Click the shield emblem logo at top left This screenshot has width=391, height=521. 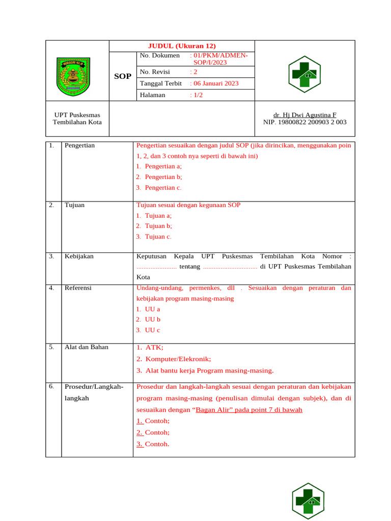(x=73, y=77)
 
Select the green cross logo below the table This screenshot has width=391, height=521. (x=308, y=501)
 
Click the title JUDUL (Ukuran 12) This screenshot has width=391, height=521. (x=182, y=46)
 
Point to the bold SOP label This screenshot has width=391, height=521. (x=122, y=76)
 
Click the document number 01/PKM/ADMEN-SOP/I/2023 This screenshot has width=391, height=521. (x=218, y=59)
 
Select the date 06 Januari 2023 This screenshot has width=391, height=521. (x=214, y=83)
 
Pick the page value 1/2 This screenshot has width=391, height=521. (x=196, y=95)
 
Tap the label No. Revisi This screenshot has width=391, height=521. (x=155, y=72)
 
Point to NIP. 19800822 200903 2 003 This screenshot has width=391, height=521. (x=304, y=122)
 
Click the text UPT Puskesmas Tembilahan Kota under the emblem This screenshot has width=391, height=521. (x=77, y=119)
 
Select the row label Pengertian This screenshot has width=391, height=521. (x=79, y=146)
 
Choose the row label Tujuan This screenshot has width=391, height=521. (x=74, y=205)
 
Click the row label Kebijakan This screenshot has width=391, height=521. (x=79, y=256)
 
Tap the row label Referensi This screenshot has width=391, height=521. (x=78, y=288)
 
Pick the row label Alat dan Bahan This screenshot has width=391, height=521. (x=82, y=348)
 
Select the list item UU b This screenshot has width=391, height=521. (x=152, y=320)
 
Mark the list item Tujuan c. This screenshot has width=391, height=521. (x=158, y=237)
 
